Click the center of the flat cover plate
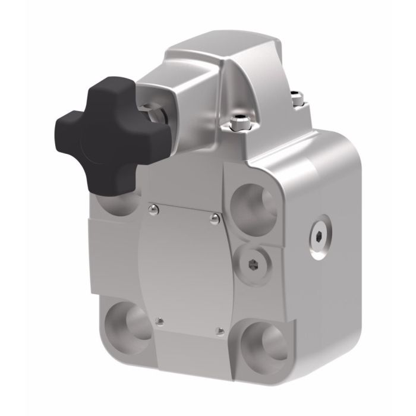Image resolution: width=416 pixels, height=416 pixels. pyautogui.click(x=184, y=267)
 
